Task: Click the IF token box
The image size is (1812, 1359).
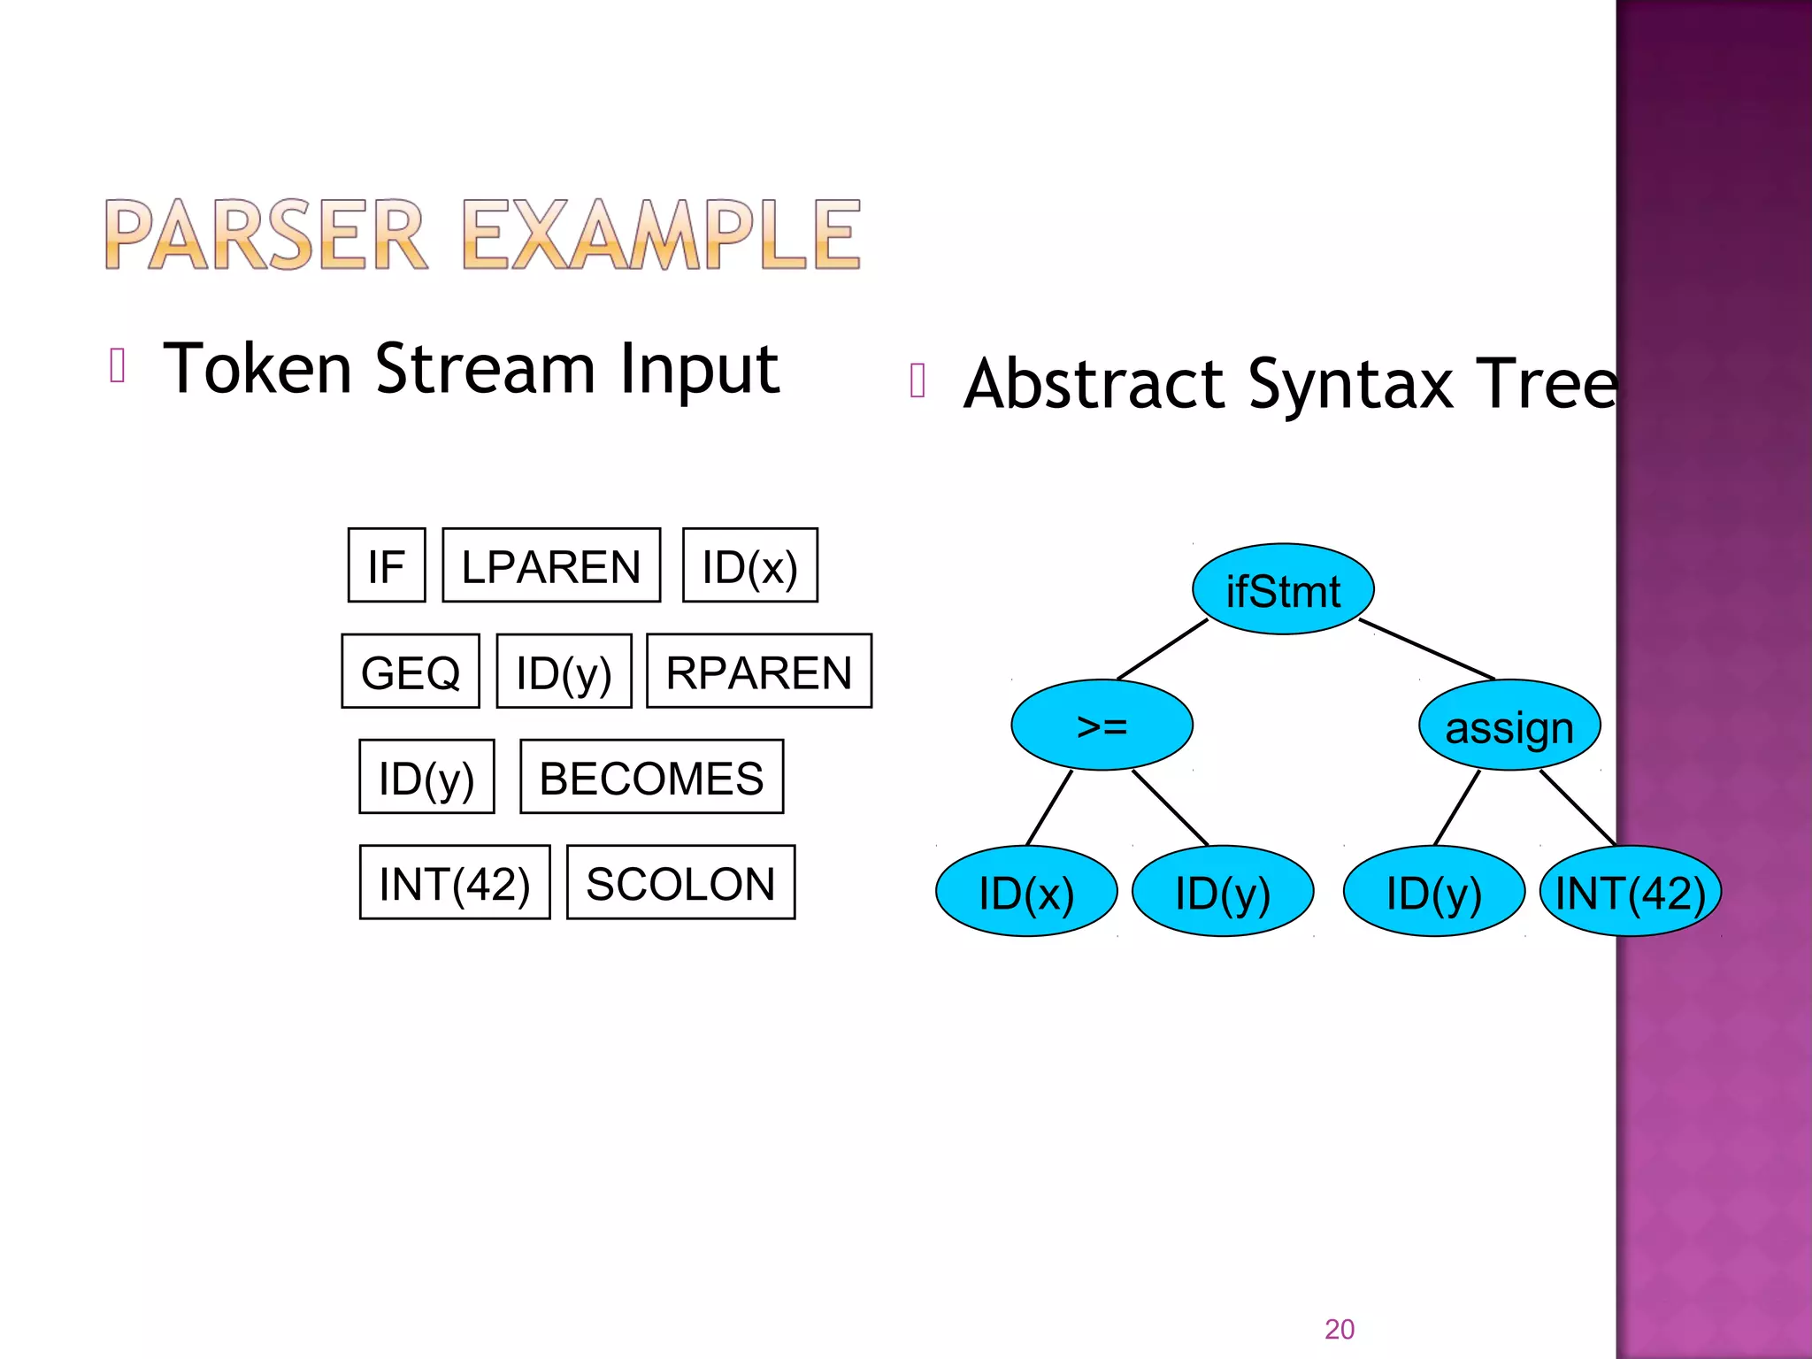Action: [387, 565]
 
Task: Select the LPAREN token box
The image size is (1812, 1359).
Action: [551, 565]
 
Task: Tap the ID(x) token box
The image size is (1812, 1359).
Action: [749, 565]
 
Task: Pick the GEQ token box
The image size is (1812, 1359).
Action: [411, 672]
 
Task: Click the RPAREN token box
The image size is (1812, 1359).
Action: [759, 672]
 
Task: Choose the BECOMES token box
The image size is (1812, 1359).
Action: [651, 777]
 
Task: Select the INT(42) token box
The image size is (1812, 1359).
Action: [455, 883]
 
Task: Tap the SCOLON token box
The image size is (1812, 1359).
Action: [680, 883]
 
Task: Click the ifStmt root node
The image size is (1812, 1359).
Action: [1283, 589]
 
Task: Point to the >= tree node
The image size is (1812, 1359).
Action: [1102, 726]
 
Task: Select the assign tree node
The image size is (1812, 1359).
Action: [1509, 726]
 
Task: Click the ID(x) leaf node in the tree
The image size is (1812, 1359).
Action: [1026, 892]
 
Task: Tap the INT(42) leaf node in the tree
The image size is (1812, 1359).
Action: [1630, 892]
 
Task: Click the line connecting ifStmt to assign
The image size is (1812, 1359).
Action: [1427, 649]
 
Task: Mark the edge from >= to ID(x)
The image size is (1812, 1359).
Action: [1049, 808]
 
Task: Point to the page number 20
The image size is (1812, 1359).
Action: [1339, 1329]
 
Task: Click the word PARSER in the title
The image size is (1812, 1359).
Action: [265, 234]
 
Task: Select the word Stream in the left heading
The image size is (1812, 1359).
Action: [485, 369]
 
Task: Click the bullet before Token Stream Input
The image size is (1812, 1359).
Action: [118, 365]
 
